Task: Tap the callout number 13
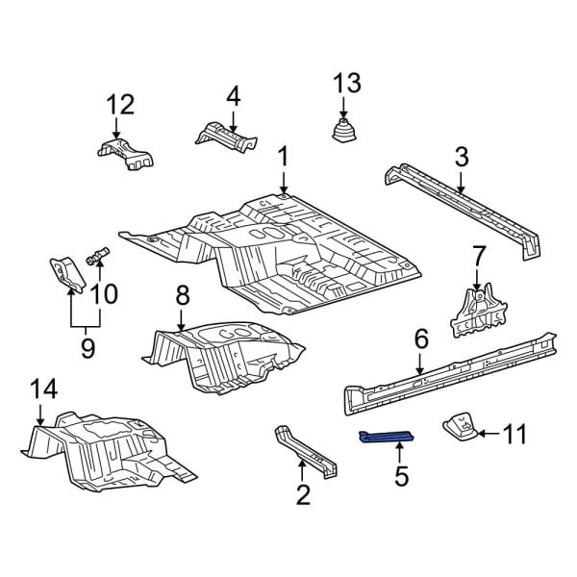pyautogui.click(x=347, y=85)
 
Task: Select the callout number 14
pyautogui.click(x=43, y=389)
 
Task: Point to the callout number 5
pyautogui.click(x=401, y=474)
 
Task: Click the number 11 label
pyautogui.click(x=514, y=435)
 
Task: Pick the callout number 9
pyautogui.click(x=88, y=346)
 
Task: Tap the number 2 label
pyautogui.click(x=303, y=495)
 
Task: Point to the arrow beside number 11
pyautogui.click(x=487, y=435)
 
